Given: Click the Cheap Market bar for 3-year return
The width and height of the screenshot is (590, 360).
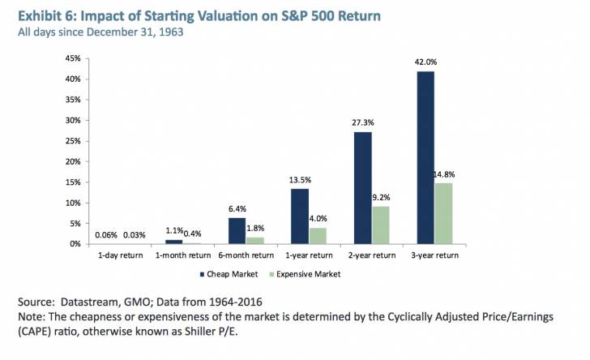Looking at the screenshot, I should tap(424, 157).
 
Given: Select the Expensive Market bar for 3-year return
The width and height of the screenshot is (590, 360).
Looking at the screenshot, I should tap(444, 213).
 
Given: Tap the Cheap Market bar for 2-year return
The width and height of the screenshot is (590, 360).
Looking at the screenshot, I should tap(361, 187).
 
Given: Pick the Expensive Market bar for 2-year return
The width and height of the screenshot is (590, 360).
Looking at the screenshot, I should tap(382, 225).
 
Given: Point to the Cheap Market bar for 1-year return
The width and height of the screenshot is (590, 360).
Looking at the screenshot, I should tap(299, 216).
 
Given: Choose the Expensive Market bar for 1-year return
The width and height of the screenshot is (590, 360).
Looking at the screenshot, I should tap(319, 235).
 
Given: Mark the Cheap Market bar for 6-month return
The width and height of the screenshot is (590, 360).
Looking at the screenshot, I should tap(237, 230).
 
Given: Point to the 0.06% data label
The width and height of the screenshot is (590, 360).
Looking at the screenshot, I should tap(105, 235).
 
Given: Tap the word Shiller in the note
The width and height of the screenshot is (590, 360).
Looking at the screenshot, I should tap(198, 332).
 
